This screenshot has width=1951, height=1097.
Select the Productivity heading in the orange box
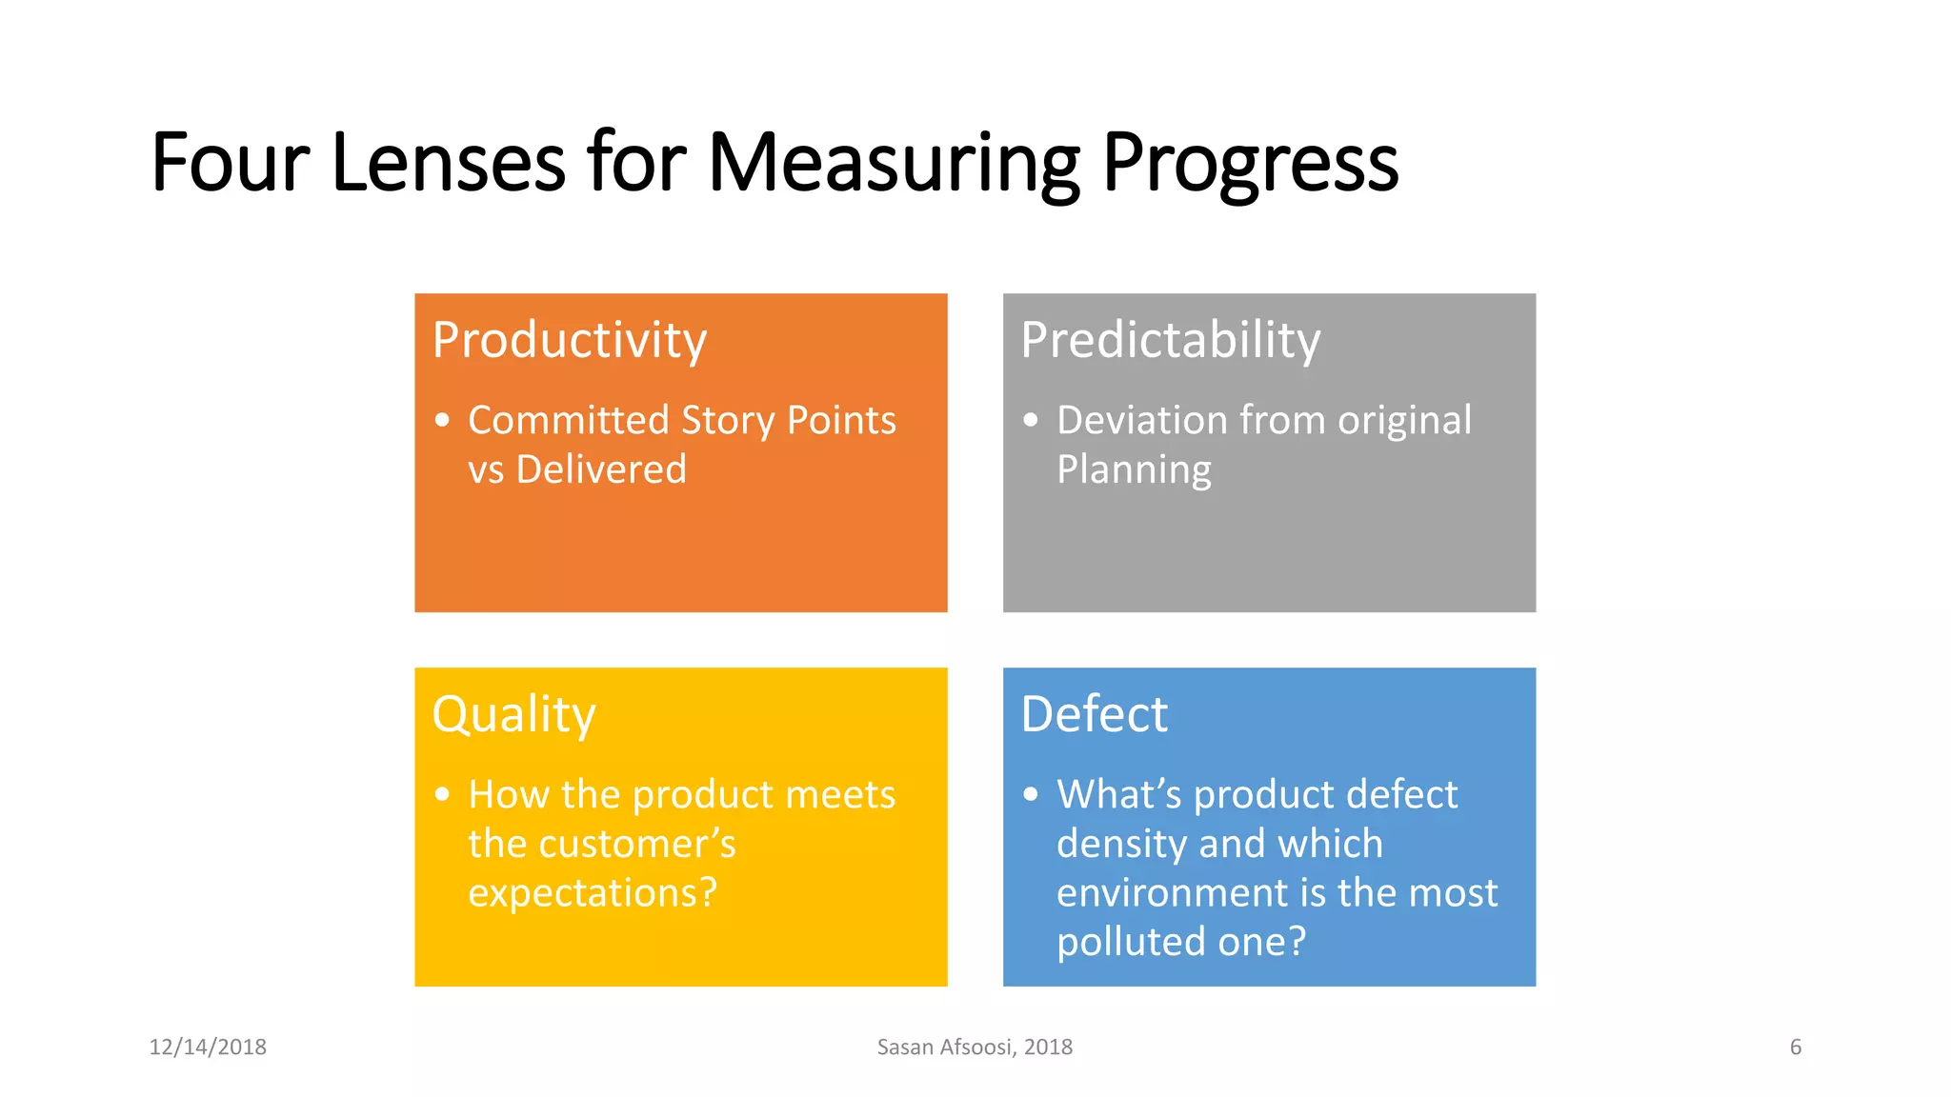(x=570, y=340)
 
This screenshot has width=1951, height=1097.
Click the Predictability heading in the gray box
(x=1170, y=340)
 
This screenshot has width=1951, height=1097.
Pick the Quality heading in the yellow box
(x=513, y=714)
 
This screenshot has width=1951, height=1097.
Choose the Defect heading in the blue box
(x=1094, y=714)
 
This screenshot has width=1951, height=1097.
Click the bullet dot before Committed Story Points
(x=442, y=420)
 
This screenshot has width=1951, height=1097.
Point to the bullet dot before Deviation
(x=1031, y=420)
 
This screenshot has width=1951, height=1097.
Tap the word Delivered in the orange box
(x=601, y=469)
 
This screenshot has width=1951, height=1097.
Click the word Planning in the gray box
(x=1134, y=469)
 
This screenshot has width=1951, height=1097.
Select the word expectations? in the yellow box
(x=592, y=893)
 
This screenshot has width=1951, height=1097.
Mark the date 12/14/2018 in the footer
(x=208, y=1047)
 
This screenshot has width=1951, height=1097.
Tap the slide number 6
(x=1796, y=1047)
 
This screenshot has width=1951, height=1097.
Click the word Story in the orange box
(x=728, y=420)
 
